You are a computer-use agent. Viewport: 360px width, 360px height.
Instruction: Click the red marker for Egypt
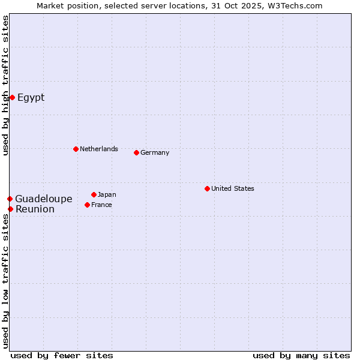pyautogui.click(x=12, y=97)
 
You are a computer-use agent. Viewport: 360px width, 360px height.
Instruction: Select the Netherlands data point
pyautogui.click(x=76, y=149)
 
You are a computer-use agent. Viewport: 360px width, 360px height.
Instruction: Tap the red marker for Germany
pyautogui.click(x=136, y=152)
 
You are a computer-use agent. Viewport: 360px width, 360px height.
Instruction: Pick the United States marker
pyautogui.click(x=207, y=188)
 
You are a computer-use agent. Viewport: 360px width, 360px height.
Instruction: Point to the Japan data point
pyautogui.click(x=94, y=194)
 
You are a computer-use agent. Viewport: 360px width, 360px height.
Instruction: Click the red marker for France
pyautogui.click(x=87, y=205)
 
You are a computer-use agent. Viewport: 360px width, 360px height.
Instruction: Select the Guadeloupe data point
pyautogui.click(x=10, y=199)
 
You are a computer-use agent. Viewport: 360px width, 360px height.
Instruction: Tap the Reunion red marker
pyautogui.click(x=10, y=209)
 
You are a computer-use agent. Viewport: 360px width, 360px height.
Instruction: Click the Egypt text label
pyautogui.click(x=31, y=97)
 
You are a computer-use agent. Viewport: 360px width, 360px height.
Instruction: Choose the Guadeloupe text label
pyautogui.click(x=44, y=199)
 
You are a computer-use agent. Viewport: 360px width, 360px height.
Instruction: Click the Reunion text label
pyautogui.click(x=35, y=209)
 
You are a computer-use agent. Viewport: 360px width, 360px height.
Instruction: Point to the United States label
pyautogui.click(x=233, y=188)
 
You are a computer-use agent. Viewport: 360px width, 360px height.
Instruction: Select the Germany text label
pyautogui.click(x=155, y=152)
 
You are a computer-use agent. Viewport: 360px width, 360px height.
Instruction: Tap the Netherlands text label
pyautogui.click(x=99, y=149)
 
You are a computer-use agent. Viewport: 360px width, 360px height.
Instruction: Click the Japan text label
pyautogui.click(x=107, y=194)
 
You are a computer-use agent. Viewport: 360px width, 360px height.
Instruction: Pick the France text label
pyautogui.click(x=101, y=205)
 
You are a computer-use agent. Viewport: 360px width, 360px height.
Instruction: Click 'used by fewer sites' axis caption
pyautogui.click(x=62, y=355)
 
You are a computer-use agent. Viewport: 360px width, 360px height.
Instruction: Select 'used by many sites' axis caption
pyautogui.click(x=301, y=355)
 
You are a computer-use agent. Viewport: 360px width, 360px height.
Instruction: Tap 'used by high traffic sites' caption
pyautogui.click(x=5, y=85)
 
